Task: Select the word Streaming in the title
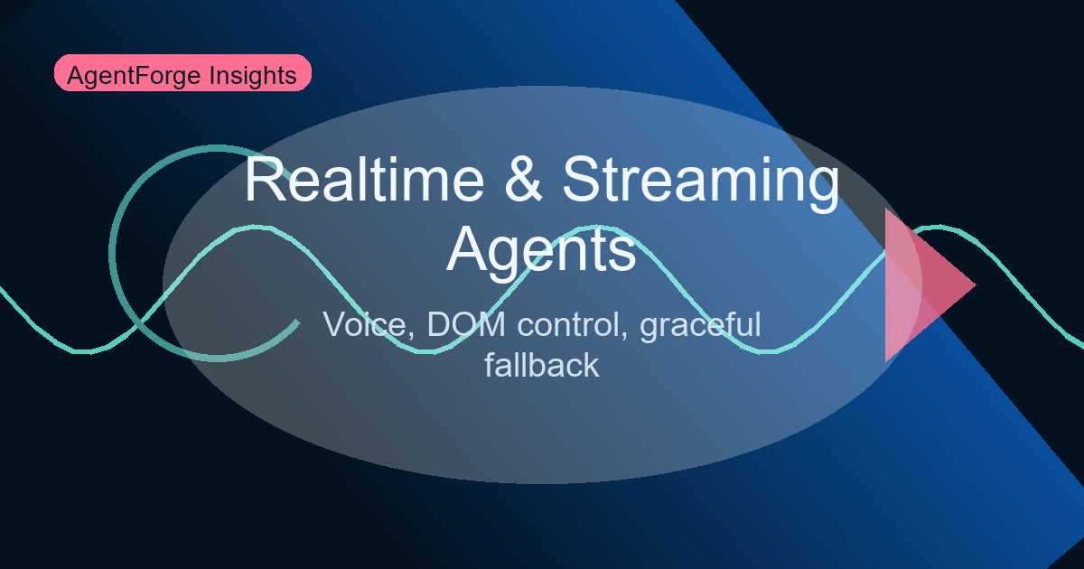(x=700, y=181)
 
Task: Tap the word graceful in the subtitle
(x=700, y=326)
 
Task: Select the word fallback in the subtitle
(x=542, y=364)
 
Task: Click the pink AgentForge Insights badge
(x=182, y=74)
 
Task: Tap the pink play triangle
(x=917, y=284)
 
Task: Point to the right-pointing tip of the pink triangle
(x=975, y=284)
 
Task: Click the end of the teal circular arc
(x=297, y=321)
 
